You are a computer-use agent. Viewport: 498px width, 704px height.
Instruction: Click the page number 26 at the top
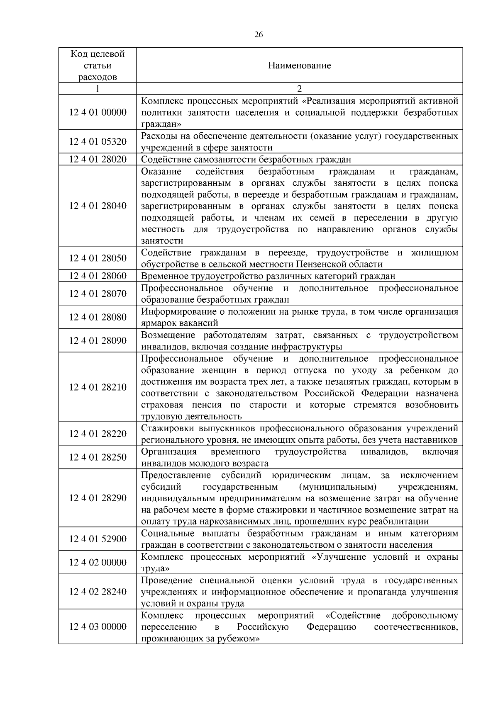pyautogui.click(x=258, y=35)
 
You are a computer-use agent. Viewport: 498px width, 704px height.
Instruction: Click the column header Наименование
pyautogui.click(x=299, y=66)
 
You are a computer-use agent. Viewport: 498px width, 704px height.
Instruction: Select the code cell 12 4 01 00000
pyautogui.click(x=98, y=112)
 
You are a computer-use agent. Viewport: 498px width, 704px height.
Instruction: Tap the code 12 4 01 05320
pyautogui.click(x=98, y=142)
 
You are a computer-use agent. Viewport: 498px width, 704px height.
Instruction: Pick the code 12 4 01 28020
pyautogui.click(x=98, y=160)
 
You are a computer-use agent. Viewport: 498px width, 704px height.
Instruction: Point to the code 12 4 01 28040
pyautogui.click(x=98, y=206)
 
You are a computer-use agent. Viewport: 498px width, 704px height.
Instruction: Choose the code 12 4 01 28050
pyautogui.click(x=98, y=258)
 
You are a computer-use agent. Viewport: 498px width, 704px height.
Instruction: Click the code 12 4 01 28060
pyautogui.click(x=98, y=276)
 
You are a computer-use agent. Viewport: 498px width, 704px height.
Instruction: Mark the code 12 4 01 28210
pyautogui.click(x=98, y=387)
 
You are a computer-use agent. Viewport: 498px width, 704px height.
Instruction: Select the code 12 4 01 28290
pyautogui.click(x=98, y=498)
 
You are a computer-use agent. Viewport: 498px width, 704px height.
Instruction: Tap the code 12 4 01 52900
pyautogui.click(x=98, y=539)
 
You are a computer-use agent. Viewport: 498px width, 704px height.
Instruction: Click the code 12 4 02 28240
pyautogui.click(x=98, y=592)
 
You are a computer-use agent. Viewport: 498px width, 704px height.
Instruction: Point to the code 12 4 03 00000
pyautogui.click(x=98, y=626)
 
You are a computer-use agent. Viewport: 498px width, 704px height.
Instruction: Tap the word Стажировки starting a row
pyautogui.click(x=165, y=428)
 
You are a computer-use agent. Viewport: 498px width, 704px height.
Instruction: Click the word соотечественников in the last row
pyautogui.click(x=416, y=627)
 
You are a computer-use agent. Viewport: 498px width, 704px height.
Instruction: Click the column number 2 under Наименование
pyautogui.click(x=299, y=89)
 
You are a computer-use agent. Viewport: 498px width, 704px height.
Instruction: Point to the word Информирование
pyautogui.click(x=173, y=312)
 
